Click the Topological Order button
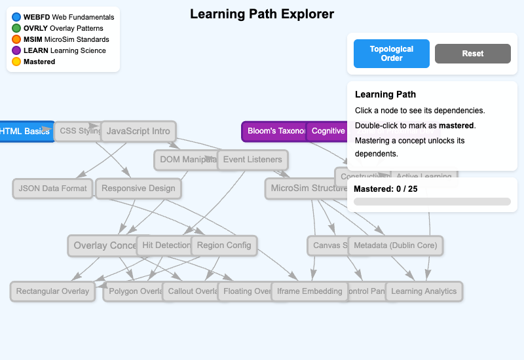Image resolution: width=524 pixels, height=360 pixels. (392, 54)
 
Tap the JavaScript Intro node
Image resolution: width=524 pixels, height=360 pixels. (138, 131)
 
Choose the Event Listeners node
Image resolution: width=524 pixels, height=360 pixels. (253, 159)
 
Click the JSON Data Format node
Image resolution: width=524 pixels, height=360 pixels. (52, 189)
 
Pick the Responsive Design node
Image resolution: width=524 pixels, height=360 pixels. (138, 189)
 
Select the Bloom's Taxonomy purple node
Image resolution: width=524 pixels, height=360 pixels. (274, 131)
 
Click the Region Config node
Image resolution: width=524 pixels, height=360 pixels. (224, 245)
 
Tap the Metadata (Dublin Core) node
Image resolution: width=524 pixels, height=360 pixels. (395, 245)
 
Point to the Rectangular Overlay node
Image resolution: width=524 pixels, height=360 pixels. (52, 291)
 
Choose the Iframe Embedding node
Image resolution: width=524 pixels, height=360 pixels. (309, 291)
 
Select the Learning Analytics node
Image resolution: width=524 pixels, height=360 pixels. (424, 291)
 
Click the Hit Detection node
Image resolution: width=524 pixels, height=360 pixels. (163, 245)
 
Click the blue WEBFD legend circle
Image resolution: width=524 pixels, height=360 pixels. (16, 17)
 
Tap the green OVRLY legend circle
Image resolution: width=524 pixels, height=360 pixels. (16, 28)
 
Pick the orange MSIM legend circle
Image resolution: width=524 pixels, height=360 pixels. (16, 39)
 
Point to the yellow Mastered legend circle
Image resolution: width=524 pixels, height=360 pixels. (16, 62)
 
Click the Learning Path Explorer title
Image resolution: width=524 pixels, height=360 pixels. (262, 14)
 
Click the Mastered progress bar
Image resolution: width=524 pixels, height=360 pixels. (432, 202)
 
